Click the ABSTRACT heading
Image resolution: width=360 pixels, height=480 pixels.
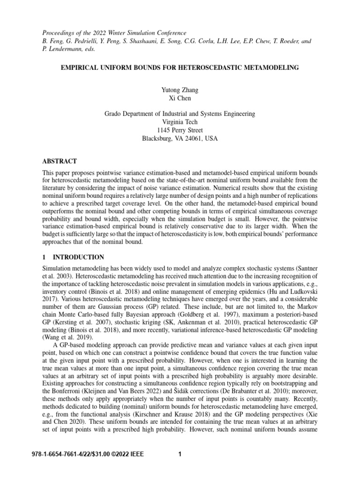pos(60,161)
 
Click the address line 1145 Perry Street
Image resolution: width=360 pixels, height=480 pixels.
pos(180,130)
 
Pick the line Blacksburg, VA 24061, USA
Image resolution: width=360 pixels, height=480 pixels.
pos(180,139)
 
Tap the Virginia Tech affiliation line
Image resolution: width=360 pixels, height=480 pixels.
pos(180,122)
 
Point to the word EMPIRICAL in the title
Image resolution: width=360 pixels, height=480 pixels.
pos(80,68)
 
